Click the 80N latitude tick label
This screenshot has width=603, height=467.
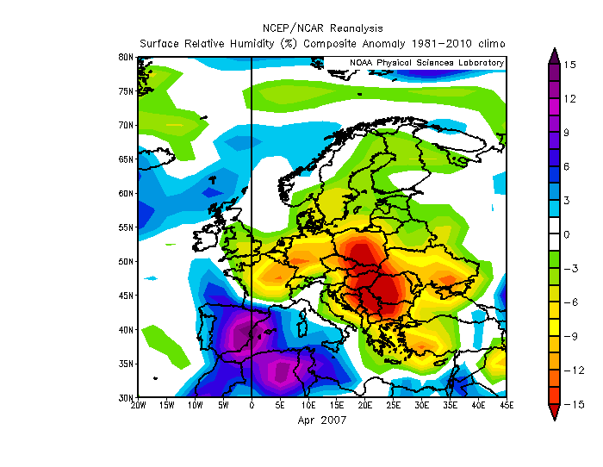point(126,57)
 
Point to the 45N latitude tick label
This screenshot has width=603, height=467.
point(126,296)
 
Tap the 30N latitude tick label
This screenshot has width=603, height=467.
point(126,398)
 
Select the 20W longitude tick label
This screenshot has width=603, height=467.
point(138,406)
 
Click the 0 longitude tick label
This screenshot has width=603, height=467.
point(252,406)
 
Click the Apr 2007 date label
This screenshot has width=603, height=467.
point(322,420)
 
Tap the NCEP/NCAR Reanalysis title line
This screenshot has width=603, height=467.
point(321,28)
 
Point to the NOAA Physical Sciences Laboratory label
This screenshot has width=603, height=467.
point(426,63)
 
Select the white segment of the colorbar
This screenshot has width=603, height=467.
point(554,234)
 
